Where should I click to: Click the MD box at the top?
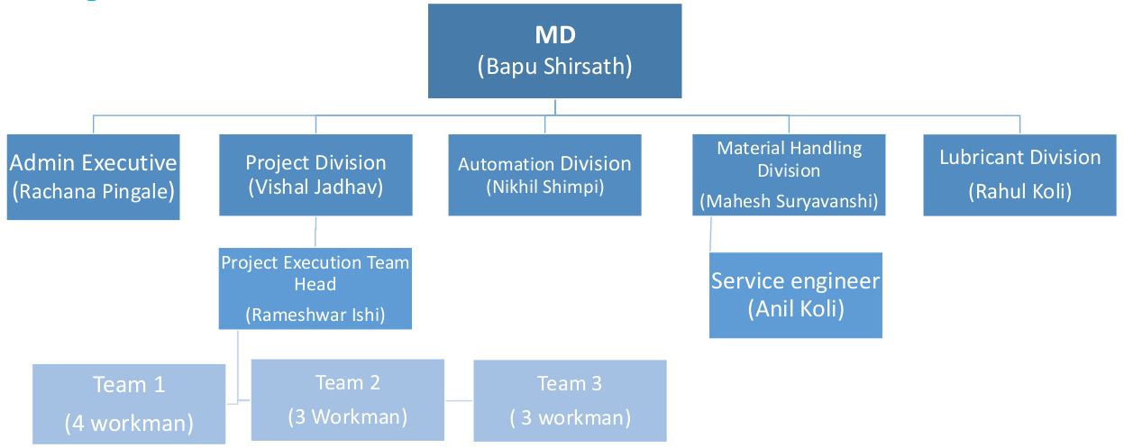[554, 50]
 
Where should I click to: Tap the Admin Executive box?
[94, 177]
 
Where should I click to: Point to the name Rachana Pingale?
[94, 191]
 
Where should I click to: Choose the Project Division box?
[315, 175]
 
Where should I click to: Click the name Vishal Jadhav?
[315, 187]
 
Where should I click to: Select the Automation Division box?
[544, 175]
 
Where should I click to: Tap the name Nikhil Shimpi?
[544, 187]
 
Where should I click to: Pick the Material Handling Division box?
[789, 175]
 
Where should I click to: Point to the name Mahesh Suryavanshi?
[789, 201]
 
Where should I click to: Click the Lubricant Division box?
[1019, 175]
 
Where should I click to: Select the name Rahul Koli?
[1019, 191]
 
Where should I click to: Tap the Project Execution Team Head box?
[315, 288]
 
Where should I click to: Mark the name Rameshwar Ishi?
[315, 315]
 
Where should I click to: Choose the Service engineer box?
[795, 295]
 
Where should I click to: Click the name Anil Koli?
[796, 308]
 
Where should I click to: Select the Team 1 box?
[129, 404]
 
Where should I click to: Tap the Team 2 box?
[347, 400]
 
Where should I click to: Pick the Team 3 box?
[570, 401]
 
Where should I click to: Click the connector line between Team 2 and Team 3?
[459, 400]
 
